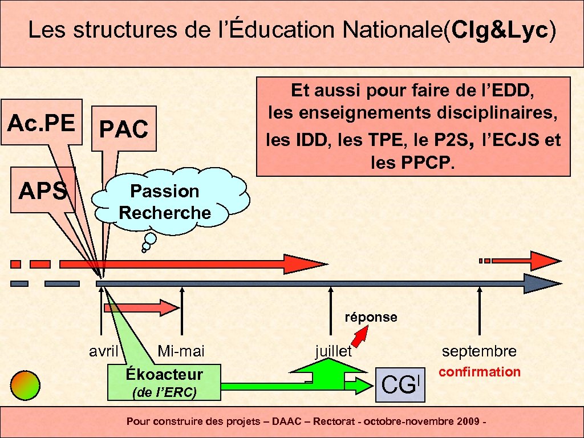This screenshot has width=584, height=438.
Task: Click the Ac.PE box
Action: (x=40, y=122)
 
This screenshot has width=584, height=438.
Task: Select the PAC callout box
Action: (x=124, y=129)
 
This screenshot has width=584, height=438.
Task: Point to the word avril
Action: (x=103, y=351)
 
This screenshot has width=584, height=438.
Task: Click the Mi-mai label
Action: (x=181, y=351)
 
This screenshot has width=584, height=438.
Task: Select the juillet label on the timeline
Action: (x=334, y=351)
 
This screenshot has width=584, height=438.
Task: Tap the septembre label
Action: (x=479, y=351)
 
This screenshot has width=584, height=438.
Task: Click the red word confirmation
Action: (x=479, y=372)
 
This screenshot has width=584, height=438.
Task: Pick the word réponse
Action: (x=371, y=317)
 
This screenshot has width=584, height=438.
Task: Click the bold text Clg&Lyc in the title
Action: (x=500, y=30)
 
